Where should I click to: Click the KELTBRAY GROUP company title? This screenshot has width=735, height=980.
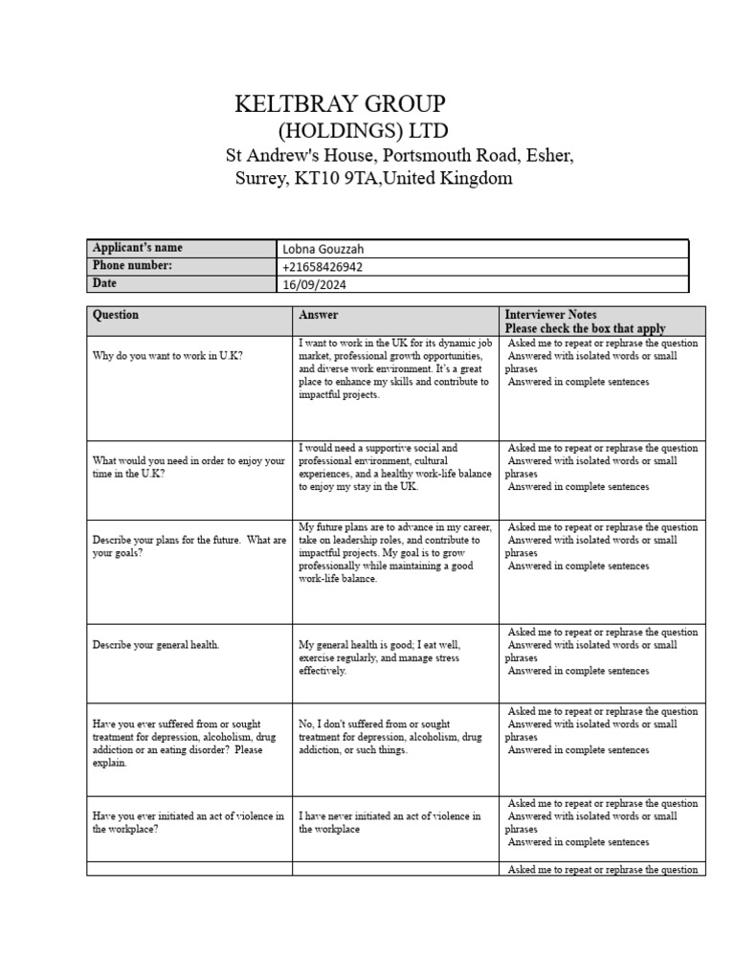[340, 104]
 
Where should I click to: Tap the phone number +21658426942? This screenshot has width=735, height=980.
[323, 267]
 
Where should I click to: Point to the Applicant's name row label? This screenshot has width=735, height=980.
[137, 248]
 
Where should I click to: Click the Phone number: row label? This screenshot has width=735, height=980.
[132, 266]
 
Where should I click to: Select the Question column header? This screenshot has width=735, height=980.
[116, 315]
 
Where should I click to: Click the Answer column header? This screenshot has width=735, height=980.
[318, 315]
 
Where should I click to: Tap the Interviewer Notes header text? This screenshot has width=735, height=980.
[550, 314]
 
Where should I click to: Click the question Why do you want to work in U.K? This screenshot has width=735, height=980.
[167, 356]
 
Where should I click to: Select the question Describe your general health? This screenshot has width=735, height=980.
[156, 645]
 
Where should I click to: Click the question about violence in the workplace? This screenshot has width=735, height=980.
[188, 823]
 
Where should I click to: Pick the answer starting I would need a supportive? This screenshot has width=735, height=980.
[393, 467]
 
